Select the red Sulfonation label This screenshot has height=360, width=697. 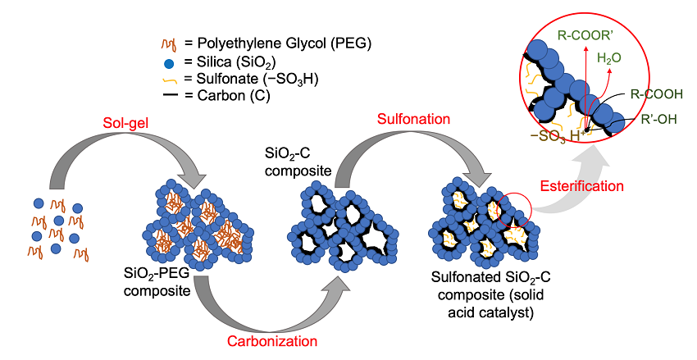coord(413,120)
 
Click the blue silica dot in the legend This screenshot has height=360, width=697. coord(168,63)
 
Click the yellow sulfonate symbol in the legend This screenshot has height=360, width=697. coord(169,80)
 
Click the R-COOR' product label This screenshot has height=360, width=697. coord(587,35)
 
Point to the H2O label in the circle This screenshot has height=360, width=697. coord(609,59)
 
